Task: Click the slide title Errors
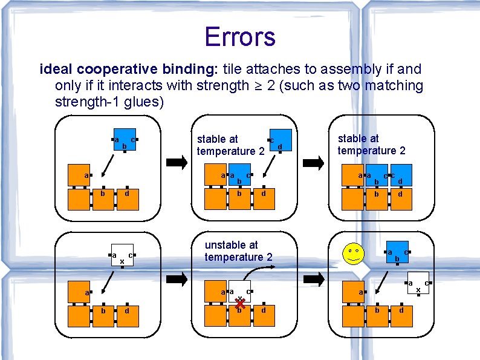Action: pyautogui.click(x=239, y=36)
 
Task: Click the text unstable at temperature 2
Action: pyautogui.click(x=238, y=251)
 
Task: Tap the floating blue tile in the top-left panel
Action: pyautogui.click(x=125, y=140)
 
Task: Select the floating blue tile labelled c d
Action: pyautogui.click(x=281, y=140)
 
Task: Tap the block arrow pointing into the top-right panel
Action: pyautogui.click(x=314, y=162)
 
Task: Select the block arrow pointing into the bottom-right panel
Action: pyautogui.click(x=314, y=279)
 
